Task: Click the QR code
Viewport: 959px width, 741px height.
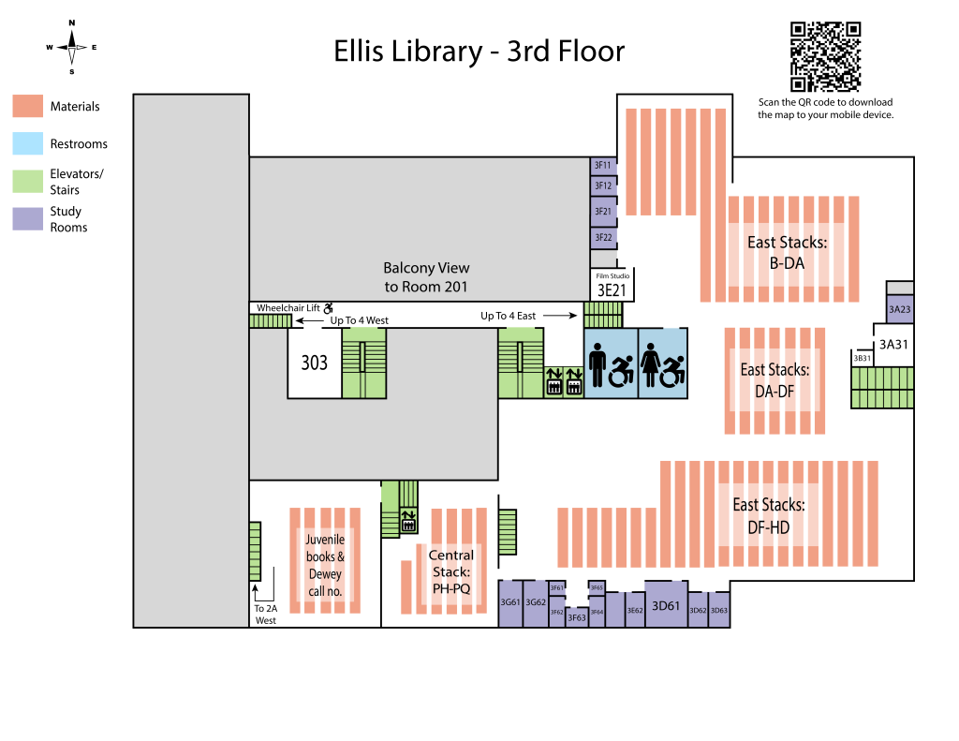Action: point(825,56)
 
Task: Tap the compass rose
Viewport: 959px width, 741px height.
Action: point(71,47)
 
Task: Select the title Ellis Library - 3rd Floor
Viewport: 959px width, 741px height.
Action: point(479,51)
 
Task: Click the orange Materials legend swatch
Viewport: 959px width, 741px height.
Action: point(27,106)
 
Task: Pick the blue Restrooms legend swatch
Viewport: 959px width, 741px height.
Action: point(27,143)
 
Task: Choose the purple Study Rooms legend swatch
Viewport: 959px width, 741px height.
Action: point(27,218)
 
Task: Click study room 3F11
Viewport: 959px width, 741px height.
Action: point(602,165)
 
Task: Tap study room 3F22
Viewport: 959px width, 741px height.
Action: point(602,238)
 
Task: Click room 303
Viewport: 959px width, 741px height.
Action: point(314,363)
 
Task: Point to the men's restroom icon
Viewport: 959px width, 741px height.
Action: point(599,363)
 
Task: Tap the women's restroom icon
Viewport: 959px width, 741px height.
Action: point(651,363)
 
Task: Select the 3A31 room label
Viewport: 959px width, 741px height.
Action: point(893,344)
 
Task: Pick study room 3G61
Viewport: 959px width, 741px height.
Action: point(510,602)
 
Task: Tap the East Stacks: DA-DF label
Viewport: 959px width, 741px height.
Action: point(775,380)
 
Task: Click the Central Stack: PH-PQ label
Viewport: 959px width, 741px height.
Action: point(450,572)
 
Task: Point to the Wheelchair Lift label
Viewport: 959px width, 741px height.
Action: point(289,307)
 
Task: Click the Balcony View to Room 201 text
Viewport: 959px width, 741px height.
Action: point(426,277)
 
